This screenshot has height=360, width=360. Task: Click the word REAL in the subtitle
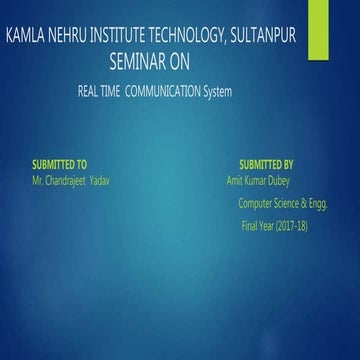[89, 92]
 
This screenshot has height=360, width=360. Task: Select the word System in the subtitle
[217, 92]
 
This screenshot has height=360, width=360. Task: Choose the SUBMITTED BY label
[266, 162]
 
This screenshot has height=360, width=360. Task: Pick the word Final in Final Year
[249, 225]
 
